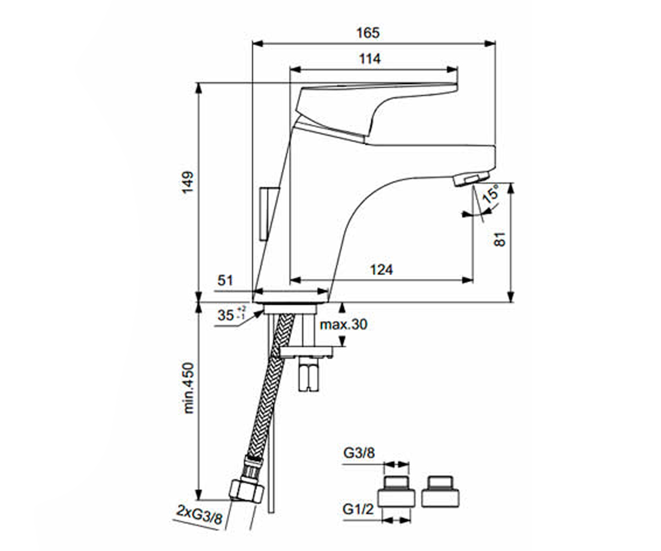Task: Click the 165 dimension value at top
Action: click(x=368, y=33)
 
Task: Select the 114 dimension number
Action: click(x=370, y=59)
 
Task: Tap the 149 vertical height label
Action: click(x=187, y=182)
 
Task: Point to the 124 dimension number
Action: click(x=382, y=270)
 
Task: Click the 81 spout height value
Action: click(x=500, y=239)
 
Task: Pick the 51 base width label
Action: click(x=225, y=280)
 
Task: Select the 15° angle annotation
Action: click(x=490, y=194)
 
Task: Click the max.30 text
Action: click(x=344, y=325)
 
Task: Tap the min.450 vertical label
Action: click(x=188, y=388)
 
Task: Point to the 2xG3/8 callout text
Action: click(x=199, y=518)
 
